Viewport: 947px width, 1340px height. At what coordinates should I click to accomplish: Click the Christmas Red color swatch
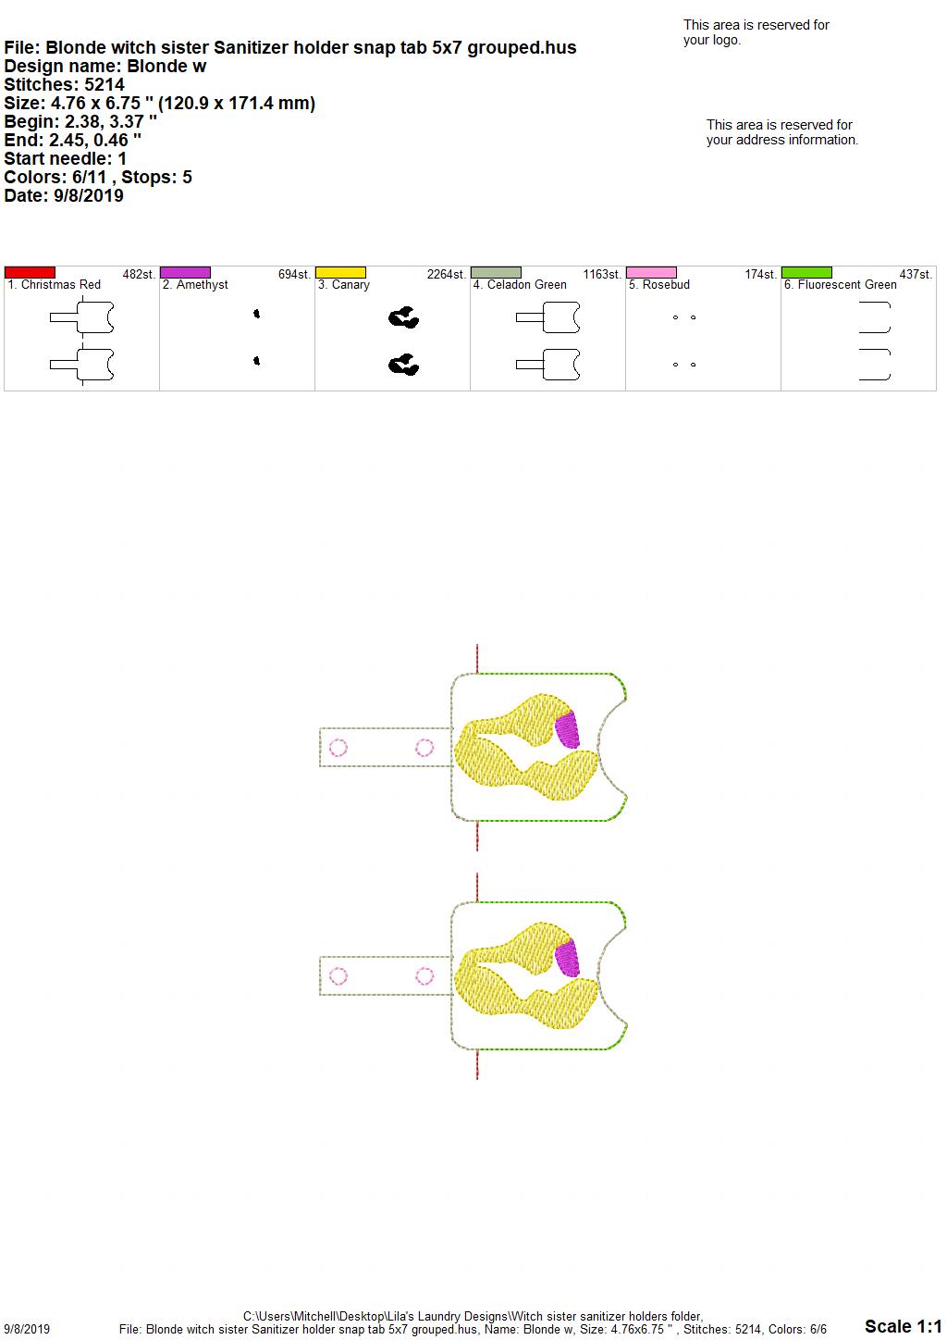[30, 272]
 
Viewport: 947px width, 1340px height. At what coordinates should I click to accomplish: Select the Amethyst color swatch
[185, 272]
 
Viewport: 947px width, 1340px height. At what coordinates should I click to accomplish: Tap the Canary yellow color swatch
[340, 272]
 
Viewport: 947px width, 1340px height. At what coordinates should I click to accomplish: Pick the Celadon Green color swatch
[497, 272]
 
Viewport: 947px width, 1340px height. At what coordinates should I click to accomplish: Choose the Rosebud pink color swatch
[652, 272]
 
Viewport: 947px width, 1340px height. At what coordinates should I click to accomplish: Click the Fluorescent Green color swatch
[807, 272]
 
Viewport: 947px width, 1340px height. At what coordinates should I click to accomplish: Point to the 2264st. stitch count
[446, 275]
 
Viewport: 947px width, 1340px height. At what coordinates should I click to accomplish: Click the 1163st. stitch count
[602, 275]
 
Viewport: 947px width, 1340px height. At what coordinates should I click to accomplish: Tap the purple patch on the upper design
[567, 729]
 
